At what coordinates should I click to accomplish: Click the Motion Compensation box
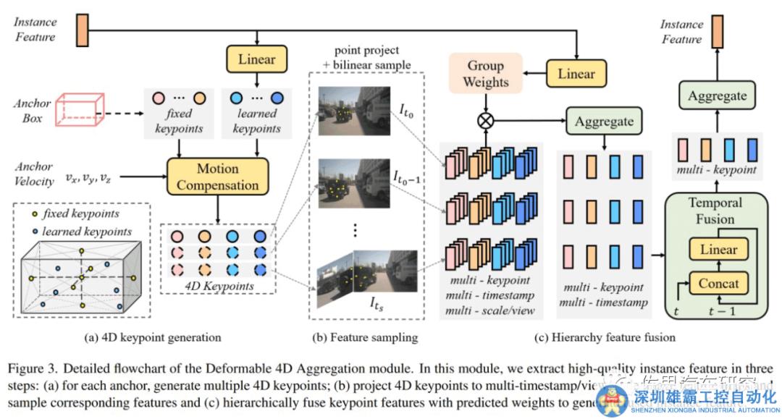(x=218, y=177)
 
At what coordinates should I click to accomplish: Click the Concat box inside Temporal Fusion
(x=718, y=284)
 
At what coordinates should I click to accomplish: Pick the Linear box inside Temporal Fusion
(x=718, y=250)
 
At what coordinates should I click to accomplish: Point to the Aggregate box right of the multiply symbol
(x=604, y=122)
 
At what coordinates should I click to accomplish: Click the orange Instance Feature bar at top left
(x=80, y=27)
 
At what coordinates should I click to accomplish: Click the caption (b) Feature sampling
(x=365, y=337)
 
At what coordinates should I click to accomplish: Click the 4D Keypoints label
(x=219, y=287)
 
